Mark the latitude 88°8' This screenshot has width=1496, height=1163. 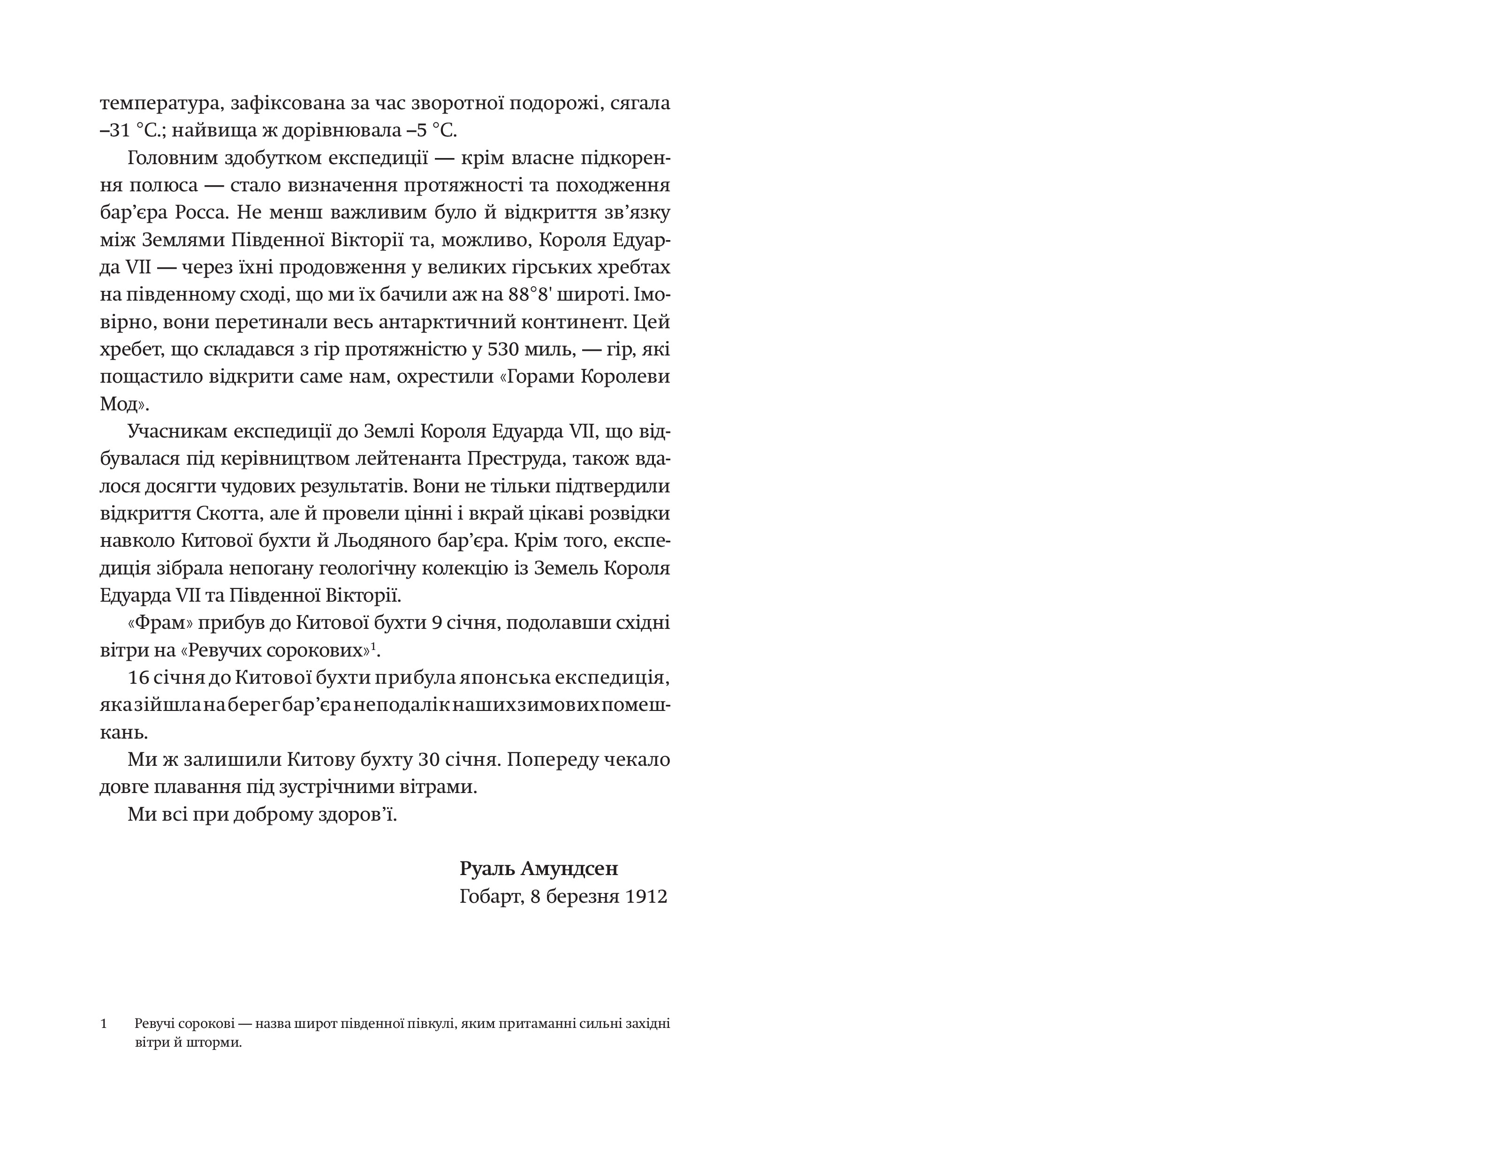531,295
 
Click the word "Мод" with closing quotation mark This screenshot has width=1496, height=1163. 123,404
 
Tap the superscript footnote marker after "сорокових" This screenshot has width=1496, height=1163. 374,645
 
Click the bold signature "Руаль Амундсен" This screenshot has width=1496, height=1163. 539,868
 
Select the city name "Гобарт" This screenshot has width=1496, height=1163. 490,897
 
